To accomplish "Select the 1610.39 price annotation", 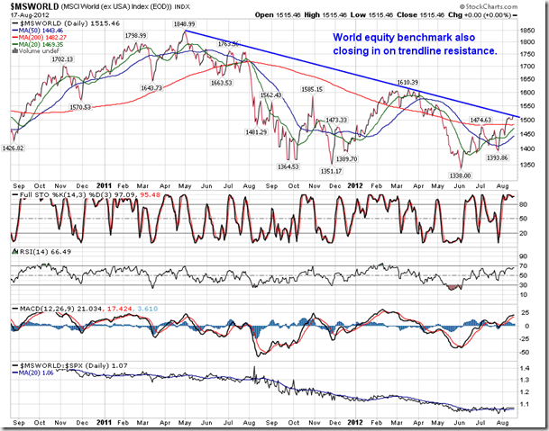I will [411, 81].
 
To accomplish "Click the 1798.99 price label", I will [136, 35].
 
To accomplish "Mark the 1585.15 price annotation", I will [313, 89].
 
